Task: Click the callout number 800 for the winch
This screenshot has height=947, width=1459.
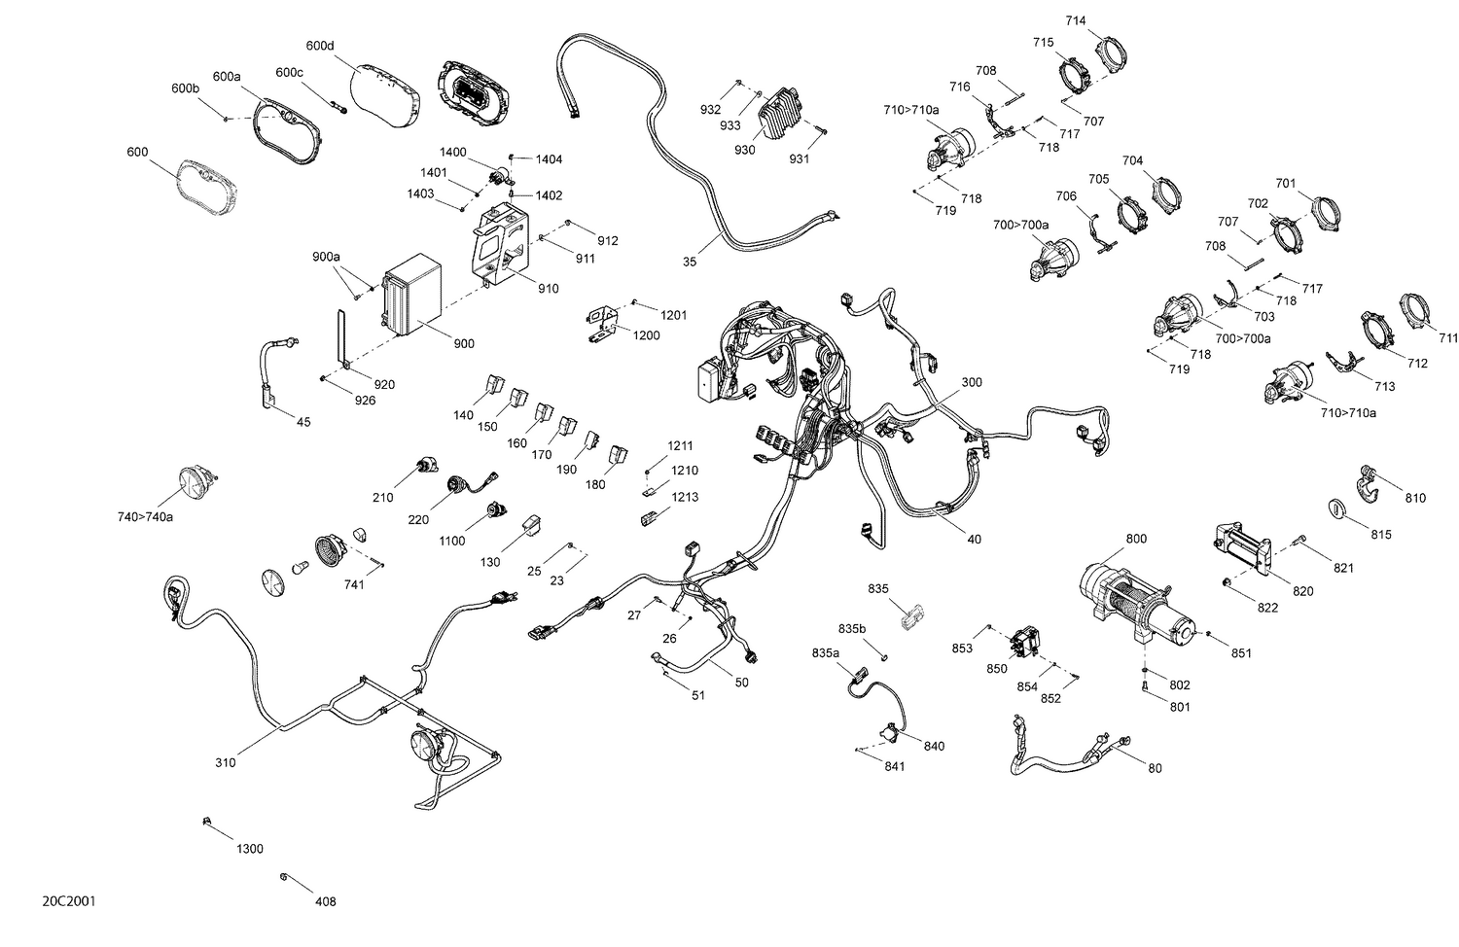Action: click(x=1135, y=539)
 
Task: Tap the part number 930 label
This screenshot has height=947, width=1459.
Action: click(x=744, y=151)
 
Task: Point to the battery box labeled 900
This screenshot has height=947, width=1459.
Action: click(x=412, y=295)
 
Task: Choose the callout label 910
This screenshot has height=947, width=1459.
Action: click(x=548, y=289)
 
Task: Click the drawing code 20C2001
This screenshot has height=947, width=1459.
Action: click(x=68, y=901)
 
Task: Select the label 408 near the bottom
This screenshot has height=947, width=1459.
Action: click(x=325, y=901)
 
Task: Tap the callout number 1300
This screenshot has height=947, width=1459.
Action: click(x=249, y=849)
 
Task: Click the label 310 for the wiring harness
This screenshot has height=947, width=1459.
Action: click(x=225, y=762)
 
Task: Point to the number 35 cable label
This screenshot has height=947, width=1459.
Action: click(x=689, y=262)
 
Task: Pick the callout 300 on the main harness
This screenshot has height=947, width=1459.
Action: click(x=971, y=382)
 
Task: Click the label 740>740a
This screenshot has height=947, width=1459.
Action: click(x=145, y=516)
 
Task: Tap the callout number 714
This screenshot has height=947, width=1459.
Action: click(x=1076, y=20)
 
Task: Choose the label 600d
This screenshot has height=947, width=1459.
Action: click(x=319, y=46)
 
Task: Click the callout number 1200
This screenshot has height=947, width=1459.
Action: click(x=646, y=335)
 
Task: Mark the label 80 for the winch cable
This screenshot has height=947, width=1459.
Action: click(x=1155, y=768)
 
